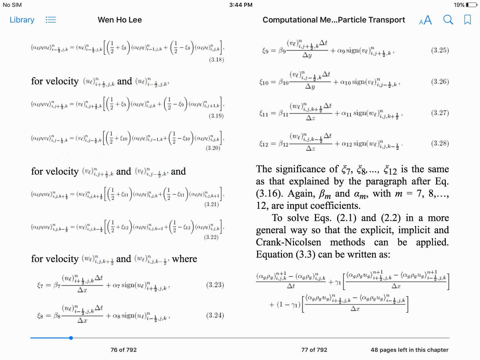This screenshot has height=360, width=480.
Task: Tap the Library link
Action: (22, 20)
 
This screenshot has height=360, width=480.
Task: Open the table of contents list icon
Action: (51, 20)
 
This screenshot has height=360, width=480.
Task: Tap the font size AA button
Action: (425, 20)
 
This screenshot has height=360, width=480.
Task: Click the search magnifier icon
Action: (448, 20)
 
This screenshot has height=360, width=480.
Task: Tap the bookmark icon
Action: (467, 20)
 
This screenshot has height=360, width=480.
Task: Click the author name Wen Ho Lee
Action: (120, 20)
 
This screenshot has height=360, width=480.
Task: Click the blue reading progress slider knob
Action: (71, 338)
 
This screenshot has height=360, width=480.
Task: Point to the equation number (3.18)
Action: (216, 59)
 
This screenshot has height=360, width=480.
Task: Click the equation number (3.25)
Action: (440, 50)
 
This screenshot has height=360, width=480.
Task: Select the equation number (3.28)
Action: (440, 143)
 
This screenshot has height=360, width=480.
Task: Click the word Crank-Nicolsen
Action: (288, 242)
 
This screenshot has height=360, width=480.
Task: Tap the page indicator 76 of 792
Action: (123, 350)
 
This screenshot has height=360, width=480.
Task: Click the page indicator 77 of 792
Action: (314, 350)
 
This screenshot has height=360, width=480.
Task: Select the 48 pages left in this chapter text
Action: (409, 350)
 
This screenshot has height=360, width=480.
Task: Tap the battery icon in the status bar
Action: (471, 5)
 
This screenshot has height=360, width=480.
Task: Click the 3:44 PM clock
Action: (241, 5)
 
